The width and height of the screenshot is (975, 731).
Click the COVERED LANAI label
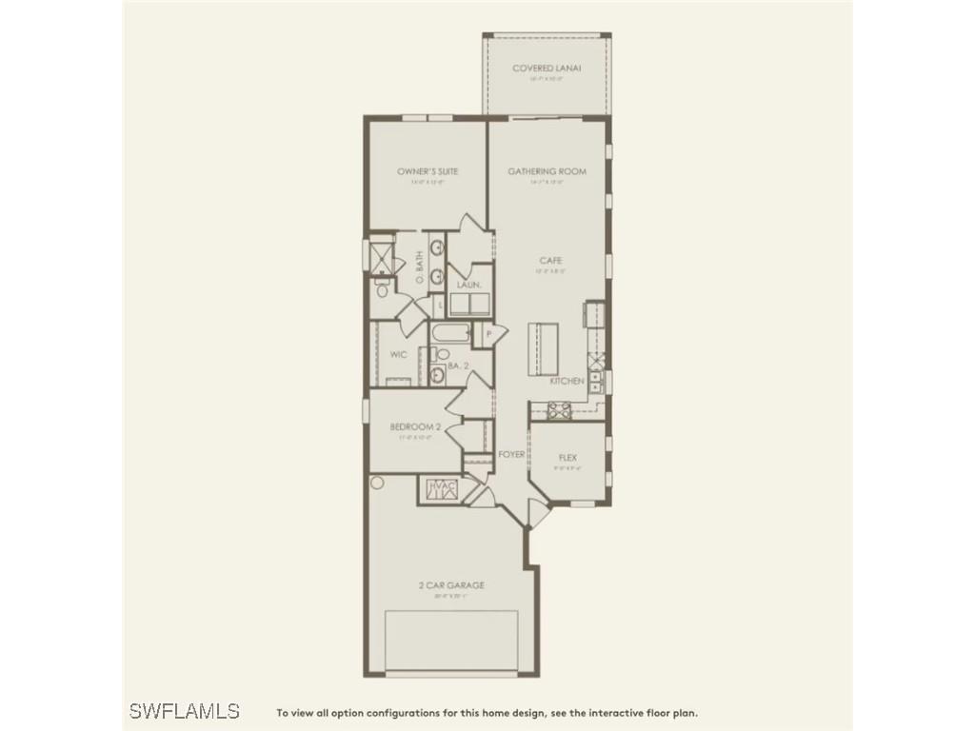coord(547,68)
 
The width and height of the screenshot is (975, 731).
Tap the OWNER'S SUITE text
coord(428,171)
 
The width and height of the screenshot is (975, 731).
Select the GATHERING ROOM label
coord(547,171)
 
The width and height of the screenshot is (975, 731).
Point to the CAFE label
coord(549,260)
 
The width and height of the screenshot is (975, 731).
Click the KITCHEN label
coord(567,381)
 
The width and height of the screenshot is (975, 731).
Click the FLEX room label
coord(567,457)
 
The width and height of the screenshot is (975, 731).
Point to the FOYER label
coord(511,455)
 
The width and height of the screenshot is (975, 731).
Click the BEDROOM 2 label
coord(411,427)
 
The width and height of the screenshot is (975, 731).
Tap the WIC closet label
coord(399,354)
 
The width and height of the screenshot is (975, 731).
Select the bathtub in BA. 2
coord(449,335)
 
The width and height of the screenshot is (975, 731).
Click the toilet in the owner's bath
coord(382,289)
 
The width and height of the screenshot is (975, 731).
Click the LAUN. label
coord(468,285)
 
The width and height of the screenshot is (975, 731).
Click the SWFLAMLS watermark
coord(184,711)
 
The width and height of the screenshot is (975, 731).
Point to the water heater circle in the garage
coord(376,484)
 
